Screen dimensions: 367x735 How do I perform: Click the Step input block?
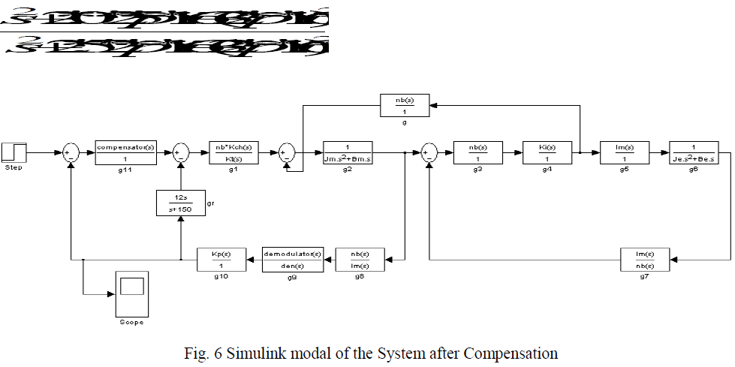click(x=14, y=152)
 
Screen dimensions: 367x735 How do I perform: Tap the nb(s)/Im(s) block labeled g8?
click(x=359, y=260)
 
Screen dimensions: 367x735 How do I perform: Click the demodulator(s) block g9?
click(x=292, y=260)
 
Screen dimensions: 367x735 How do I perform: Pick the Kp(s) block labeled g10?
click(x=221, y=260)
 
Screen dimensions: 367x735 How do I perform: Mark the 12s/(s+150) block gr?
click(x=180, y=202)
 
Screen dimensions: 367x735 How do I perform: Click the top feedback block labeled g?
click(x=405, y=106)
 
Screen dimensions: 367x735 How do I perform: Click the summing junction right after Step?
click(x=71, y=153)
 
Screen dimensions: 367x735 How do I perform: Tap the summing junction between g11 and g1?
click(x=181, y=153)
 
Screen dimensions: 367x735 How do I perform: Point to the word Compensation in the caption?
click(x=517, y=353)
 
